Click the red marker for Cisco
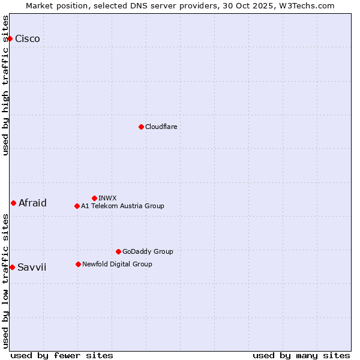click(x=10, y=39)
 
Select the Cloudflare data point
click(x=141, y=127)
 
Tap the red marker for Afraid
click(x=13, y=203)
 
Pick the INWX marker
click(x=94, y=198)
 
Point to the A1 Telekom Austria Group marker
click(x=77, y=206)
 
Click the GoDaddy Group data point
click(x=118, y=251)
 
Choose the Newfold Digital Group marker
click(x=78, y=264)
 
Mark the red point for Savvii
click(x=12, y=267)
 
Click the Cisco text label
click(x=28, y=39)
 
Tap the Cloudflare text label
click(x=161, y=127)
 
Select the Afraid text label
click(x=32, y=203)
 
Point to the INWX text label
click(x=107, y=198)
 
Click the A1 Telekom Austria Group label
click(x=122, y=206)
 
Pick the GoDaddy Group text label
click(x=148, y=251)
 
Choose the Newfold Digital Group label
click(x=117, y=264)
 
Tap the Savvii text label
click(x=32, y=267)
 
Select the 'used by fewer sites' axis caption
click(x=62, y=355)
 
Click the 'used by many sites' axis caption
click(x=301, y=355)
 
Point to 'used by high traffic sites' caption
click(x=6, y=85)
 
